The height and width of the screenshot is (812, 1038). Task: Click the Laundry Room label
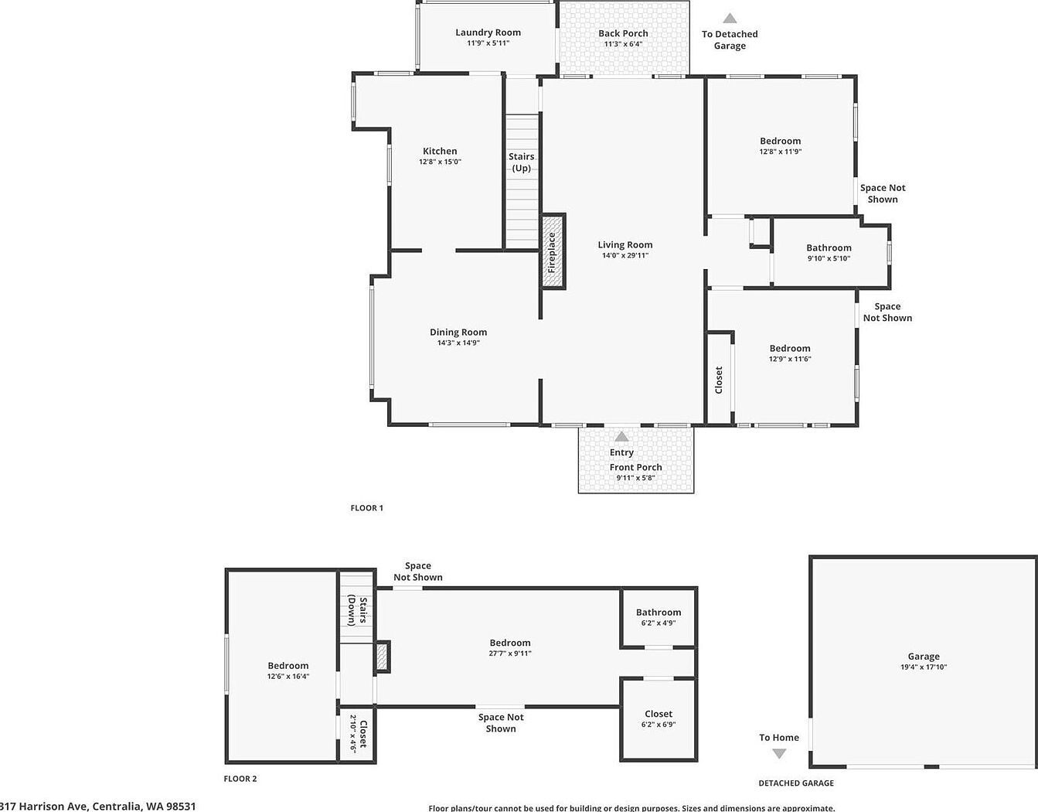[x=488, y=32]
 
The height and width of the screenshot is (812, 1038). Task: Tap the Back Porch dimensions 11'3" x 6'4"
[x=623, y=44]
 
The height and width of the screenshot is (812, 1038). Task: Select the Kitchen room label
[x=440, y=152]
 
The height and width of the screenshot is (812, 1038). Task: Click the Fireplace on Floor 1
[x=553, y=252]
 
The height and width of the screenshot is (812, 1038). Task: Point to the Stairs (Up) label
[x=522, y=162]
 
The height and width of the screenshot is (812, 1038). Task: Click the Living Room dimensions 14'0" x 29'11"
[x=625, y=255]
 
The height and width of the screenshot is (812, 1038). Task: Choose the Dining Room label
[x=458, y=333]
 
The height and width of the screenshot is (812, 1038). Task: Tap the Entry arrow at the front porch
[x=621, y=437]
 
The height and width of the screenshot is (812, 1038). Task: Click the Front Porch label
[x=635, y=467]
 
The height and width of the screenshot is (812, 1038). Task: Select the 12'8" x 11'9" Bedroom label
[x=780, y=141]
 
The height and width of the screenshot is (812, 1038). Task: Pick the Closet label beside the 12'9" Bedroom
[x=719, y=380]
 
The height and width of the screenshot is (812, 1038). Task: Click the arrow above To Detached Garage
[x=730, y=19]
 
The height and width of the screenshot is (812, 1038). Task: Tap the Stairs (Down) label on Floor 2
[x=356, y=609]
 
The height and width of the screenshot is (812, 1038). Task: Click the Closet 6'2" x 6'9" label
[x=659, y=714]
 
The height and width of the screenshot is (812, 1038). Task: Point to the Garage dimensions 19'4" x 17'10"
[x=923, y=667]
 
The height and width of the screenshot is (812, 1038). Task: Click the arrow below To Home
[x=779, y=754]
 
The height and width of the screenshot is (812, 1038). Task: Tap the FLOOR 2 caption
[x=240, y=779]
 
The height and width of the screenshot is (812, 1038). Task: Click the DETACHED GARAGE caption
[x=796, y=783]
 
